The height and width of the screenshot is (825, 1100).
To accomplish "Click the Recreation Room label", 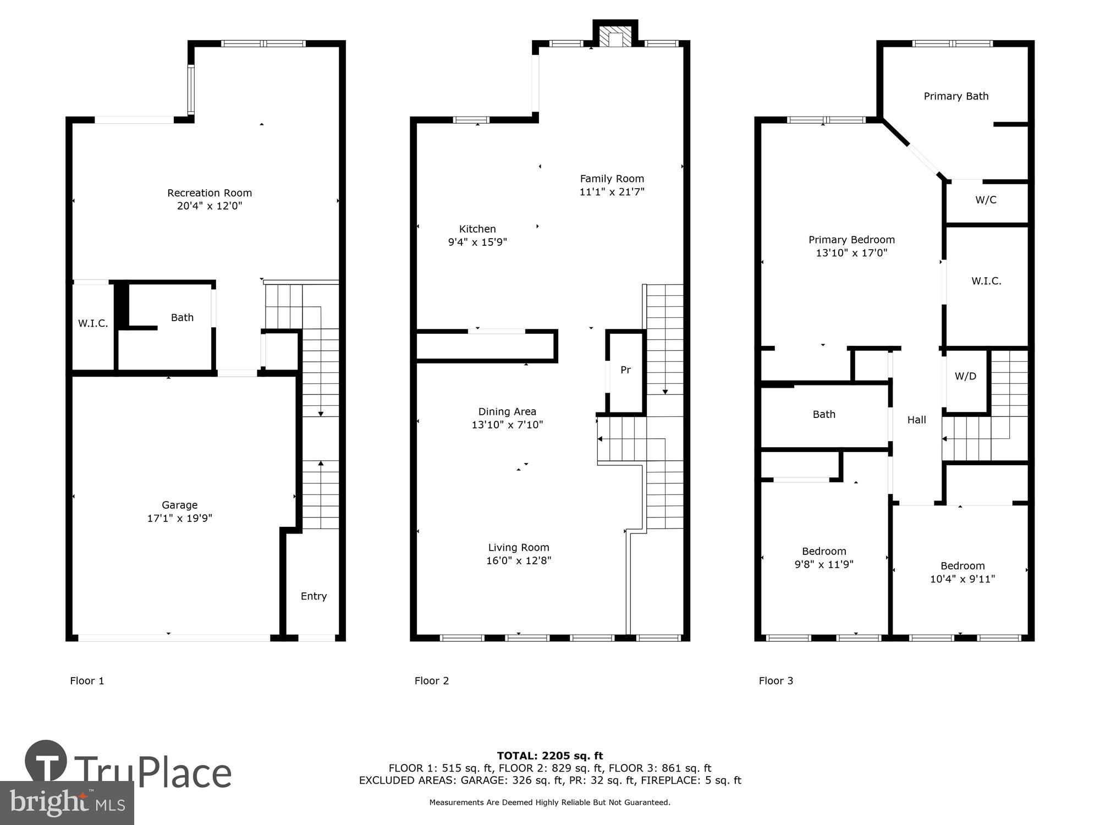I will click(210, 193).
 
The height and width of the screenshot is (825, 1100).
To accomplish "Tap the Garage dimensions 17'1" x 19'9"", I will click(179, 518).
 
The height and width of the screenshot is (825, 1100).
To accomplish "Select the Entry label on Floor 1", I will click(313, 596).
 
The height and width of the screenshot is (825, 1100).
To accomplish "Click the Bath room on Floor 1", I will click(182, 318).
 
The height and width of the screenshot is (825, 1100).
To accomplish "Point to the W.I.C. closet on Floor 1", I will click(93, 323).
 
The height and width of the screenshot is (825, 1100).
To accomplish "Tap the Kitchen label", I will click(477, 229).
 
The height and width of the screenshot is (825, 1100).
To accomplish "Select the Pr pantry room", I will click(625, 370).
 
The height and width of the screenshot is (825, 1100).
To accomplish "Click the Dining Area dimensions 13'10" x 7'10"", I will click(507, 425).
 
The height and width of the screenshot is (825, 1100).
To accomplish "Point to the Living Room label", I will click(519, 547).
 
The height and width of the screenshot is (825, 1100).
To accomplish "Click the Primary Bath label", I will click(956, 96).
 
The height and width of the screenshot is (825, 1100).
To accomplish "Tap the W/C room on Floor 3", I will click(986, 200).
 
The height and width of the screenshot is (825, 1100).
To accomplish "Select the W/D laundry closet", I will click(965, 376).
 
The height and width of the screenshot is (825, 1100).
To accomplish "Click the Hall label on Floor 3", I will click(916, 420).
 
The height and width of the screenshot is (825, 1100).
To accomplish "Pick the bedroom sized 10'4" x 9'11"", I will click(962, 572).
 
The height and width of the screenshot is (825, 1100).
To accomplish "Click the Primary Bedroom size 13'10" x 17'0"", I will click(851, 253).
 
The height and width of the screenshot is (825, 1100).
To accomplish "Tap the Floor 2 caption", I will click(432, 681).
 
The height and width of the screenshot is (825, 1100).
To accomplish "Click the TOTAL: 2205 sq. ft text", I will click(550, 756).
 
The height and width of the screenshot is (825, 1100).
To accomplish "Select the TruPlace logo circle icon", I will click(46, 761).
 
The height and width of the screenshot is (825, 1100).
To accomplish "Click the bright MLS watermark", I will click(67, 803).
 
